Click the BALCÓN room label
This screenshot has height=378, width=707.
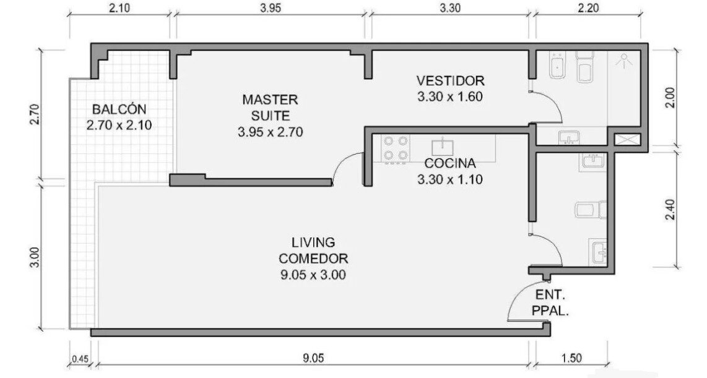[119, 109]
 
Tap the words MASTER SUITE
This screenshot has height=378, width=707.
[270, 107]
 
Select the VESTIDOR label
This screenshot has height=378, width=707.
[450, 80]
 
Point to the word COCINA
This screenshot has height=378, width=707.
[450, 163]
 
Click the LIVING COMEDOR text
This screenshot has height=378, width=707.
[313, 251]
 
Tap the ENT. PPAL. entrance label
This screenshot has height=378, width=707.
[550, 303]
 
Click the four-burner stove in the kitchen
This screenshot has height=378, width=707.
[396, 149]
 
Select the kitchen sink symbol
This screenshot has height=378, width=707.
[443, 146]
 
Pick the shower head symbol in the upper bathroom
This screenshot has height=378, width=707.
[623, 61]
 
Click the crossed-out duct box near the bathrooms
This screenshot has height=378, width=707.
[628, 139]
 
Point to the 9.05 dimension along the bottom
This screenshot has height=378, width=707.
[313, 358]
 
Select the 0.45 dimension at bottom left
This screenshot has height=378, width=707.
[80, 359]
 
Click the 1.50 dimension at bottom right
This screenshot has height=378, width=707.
[572, 358]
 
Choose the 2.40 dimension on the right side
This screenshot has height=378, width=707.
[670, 210]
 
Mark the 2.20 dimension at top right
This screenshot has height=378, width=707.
[588, 8]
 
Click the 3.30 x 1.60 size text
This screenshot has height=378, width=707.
[450, 97]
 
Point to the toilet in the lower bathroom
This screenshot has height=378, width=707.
[591, 210]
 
